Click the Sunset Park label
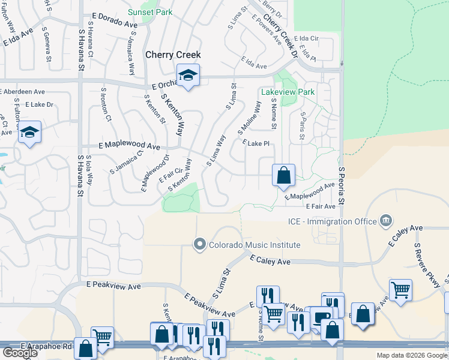click(150, 12)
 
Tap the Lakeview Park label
click(288, 92)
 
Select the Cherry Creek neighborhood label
click(173, 55)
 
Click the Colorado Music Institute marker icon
click(200, 244)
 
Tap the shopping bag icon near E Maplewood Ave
click(283, 176)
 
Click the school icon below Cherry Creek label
click(188, 76)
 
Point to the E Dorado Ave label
click(114, 21)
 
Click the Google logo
click(20, 353)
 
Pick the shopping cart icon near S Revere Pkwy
click(400, 290)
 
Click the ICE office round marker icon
click(386, 221)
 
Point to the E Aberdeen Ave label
click(22, 92)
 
